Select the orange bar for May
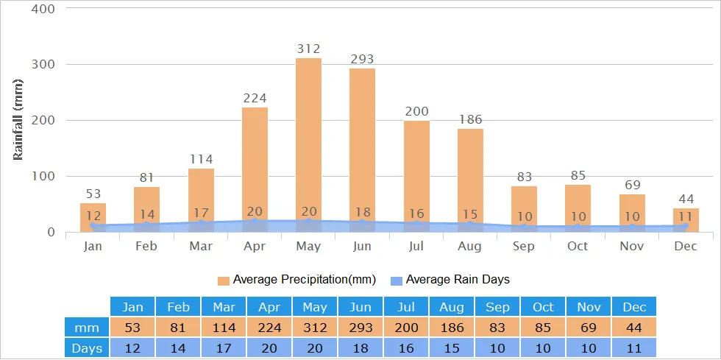click(308, 140)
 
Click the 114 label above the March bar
click(201, 159)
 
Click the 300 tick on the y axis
click(46, 64)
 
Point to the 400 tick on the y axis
click(46, 9)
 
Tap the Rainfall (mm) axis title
click(19, 119)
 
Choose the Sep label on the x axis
click(524, 246)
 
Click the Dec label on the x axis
click(686, 246)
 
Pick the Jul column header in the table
click(406, 307)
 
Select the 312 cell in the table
click(315, 327)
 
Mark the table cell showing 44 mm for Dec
click(633, 327)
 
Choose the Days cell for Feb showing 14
click(178, 347)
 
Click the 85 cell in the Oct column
click(543, 327)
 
